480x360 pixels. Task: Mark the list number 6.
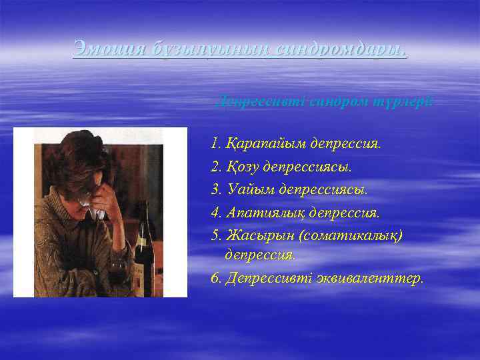215,277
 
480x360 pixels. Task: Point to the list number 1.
213,144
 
